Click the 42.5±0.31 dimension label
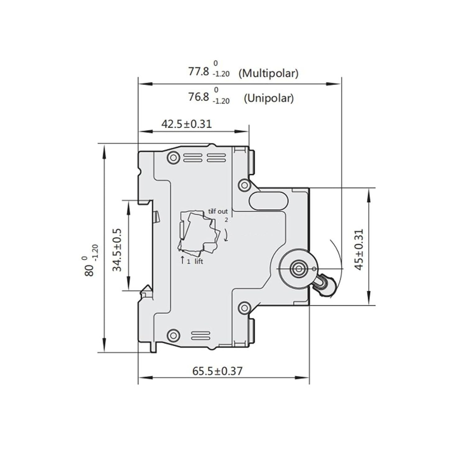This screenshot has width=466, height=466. click(x=186, y=124)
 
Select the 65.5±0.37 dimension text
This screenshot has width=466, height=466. click(x=217, y=371)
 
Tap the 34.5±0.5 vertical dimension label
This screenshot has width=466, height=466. click(x=117, y=250)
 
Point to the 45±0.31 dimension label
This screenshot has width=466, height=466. click(x=359, y=249)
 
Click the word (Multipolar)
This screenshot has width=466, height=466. click(x=268, y=73)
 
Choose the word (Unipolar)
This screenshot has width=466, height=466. click(x=269, y=98)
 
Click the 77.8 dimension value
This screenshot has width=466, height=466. click(x=199, y=72)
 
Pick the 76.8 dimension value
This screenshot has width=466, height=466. click(x=199, y=97)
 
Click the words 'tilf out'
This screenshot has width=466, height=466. click(x=218, y=211)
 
